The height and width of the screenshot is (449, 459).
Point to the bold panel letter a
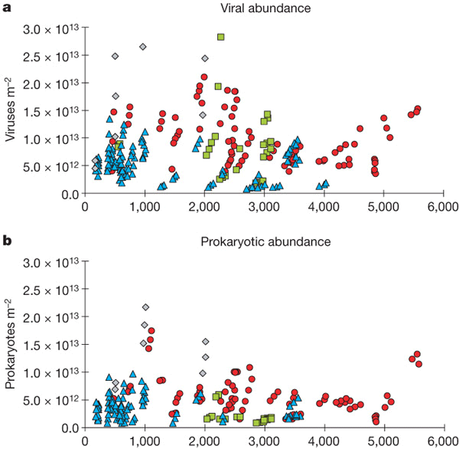(x=5, y=8)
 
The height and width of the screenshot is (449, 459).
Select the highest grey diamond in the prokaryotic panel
(x=145, y=307)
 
